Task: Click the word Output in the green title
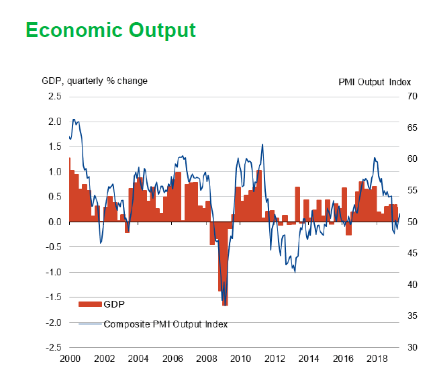(163, 30)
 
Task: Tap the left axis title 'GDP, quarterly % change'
(95, 81)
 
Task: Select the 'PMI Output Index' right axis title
(374, 82)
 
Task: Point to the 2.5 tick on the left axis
(54, 97)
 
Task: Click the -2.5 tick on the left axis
(53, 348)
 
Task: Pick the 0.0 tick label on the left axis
(54, 222)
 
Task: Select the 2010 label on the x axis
(241, 359)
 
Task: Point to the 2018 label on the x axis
(378, 359)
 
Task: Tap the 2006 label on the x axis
(172, 359)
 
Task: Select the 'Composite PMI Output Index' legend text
(166, 324)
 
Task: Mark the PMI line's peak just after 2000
(74, 120)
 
